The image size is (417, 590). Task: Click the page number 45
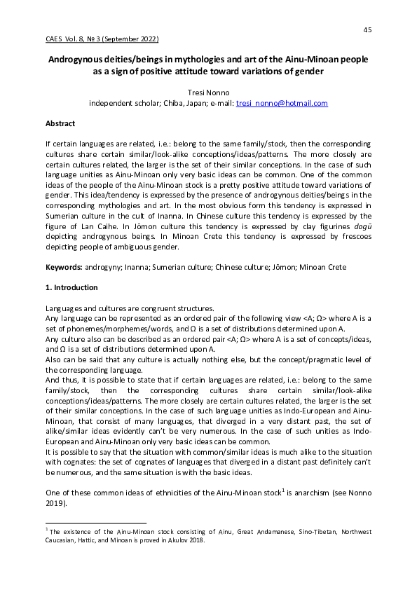[367, 29]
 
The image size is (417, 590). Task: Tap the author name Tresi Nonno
[208, 92]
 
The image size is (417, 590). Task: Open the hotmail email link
[282, 103]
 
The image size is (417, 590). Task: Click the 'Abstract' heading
[60, 123]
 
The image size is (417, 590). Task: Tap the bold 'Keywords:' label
[64, 268]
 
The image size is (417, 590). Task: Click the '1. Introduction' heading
[74, 288]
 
